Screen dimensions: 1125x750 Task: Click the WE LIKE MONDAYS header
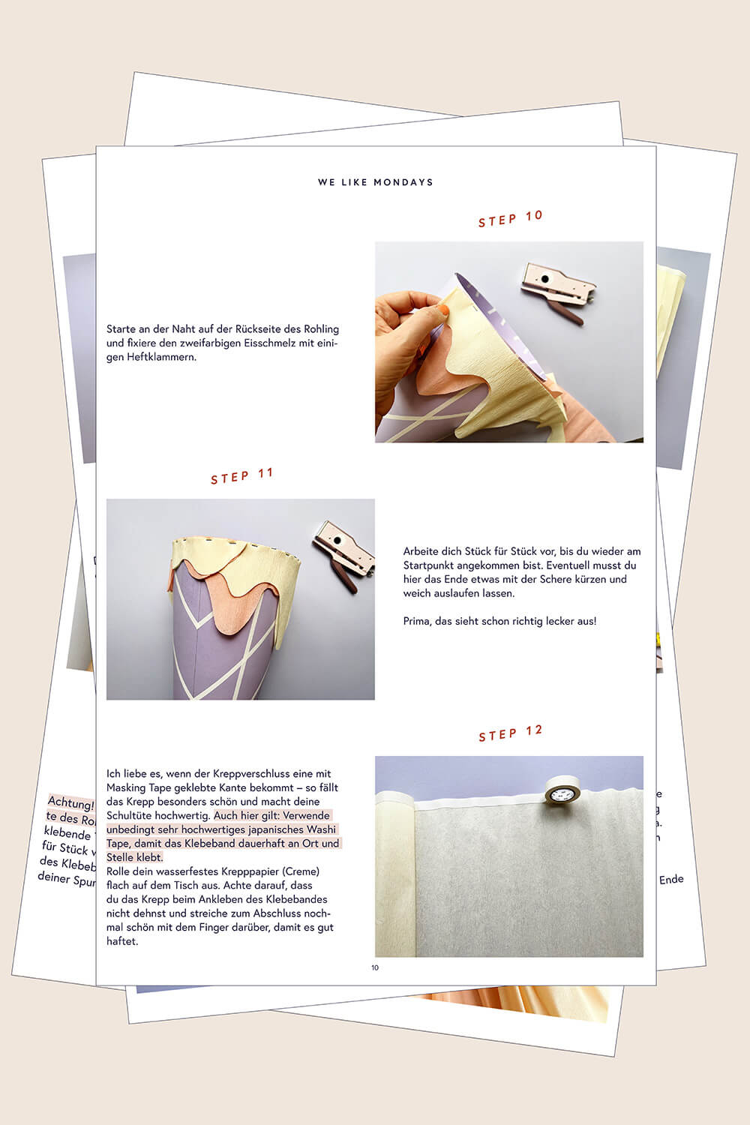pos(375,182)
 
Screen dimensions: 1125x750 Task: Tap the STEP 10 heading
pos(510,218)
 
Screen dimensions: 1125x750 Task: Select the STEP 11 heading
pos(241,476)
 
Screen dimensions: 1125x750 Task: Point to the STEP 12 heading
pos(510,733)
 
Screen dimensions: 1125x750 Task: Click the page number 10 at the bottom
pos(375,967)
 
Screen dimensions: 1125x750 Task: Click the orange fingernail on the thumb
pos(444,309)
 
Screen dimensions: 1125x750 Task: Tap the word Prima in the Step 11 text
pos(416,621)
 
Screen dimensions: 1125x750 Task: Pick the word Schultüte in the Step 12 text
pos(128,815)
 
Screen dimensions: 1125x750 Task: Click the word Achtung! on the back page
pos(70,803)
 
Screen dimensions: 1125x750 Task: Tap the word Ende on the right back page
pos(671,879)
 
